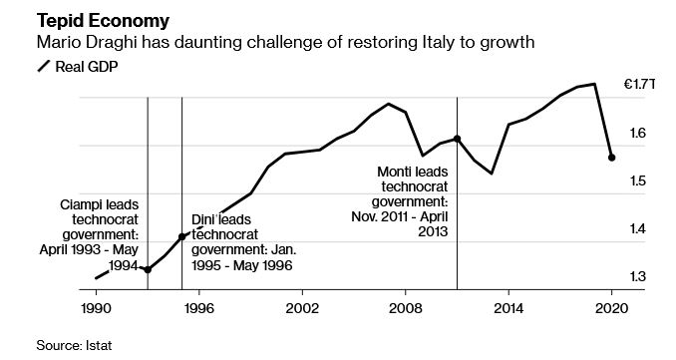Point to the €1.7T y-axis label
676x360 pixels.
click(x=641, y=86)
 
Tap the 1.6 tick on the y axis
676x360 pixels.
click(x=640, y=134)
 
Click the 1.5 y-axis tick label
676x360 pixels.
click(x=640, y=181)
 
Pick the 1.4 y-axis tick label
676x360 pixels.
click(x=640, y=229)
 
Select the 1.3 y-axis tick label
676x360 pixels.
click(x=640, y=276)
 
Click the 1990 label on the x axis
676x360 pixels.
click(x=96, y=309)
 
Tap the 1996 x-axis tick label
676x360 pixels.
click(x=199, y=309)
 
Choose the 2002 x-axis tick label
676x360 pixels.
click(x=302, y=309)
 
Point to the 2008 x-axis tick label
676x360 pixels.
click(x=406, y=309)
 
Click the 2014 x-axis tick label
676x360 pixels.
click(x=508, y=309)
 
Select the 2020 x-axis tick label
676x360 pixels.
click(x=611, y=309)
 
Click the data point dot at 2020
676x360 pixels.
click(x=611, y=158)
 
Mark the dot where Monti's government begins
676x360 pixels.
click(x=457, y=139)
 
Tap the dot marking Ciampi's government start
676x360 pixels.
click(x=148, y=269)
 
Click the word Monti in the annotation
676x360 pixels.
click(x=397, y=174)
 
